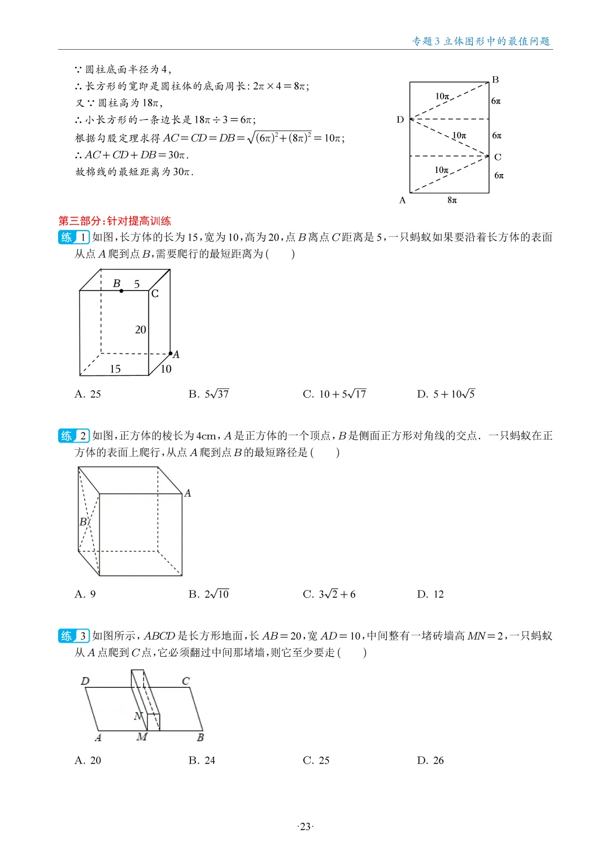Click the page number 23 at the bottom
click(305, 827)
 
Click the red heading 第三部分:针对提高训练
click(115, 221)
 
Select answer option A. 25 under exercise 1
click(88, 394)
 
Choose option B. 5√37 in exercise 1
click(208, 394)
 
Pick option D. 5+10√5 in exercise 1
click(446, 394)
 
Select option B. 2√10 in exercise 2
click(208, 594)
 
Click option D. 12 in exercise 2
click(430, 594)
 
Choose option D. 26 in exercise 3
click(430, 760)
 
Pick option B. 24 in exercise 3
click(202, 760)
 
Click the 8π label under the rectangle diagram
click(452, 200)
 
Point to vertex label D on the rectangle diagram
click(400, 119)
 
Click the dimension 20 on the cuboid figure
click(141, 329)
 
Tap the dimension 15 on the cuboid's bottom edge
click(115, 369)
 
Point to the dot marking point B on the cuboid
click(121, 290)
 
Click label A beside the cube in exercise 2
click(188, 493)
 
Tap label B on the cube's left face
click(83, 522)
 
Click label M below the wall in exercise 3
click(142, 737)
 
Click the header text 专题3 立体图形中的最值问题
click(481, 41)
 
